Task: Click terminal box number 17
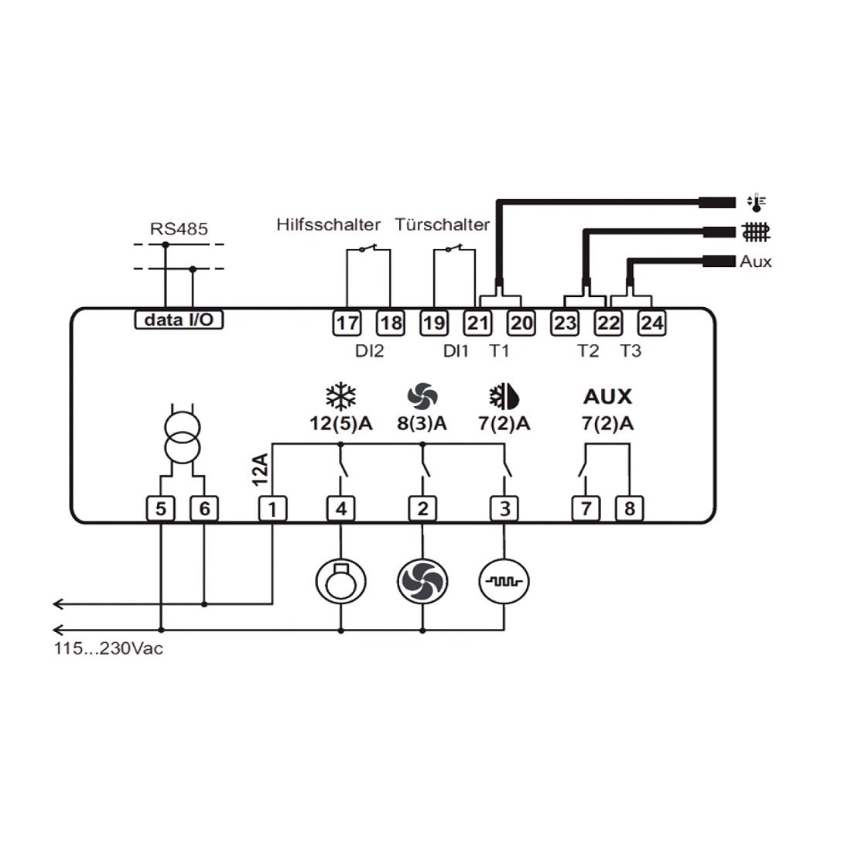pyautogui.click(x=347, y=323)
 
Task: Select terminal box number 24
pyautogui.click(x=651, y=323)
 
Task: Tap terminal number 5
pyautogui.click(x=160, y=508)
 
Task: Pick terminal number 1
pyautogui.click(x=272, y=508)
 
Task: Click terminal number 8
pyautogui.click(x=630, y=508)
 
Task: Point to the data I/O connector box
pyautogui.click(x=179, y=320)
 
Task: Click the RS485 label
pyautogui.click(x=179, y=229)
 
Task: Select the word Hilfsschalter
pyautogui.click(x=329, y=224)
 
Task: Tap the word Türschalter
pyautogui.click(x=442, y=224)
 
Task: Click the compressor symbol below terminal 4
pyautogui.click(x=340, y=581)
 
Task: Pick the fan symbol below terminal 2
pyautogui.click(x=422, y=581)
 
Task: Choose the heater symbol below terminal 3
pyautogui.click(x=504, y=581)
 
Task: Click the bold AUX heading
pyautogui.click(x=607, y=397)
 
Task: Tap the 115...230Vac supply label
pyautogui.click(x=108, y=648)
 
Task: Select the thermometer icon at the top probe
pyautogui.click(x=757, y=203)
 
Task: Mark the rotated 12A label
pyautogui.click(x=260, y=470)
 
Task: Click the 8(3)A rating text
pyautogui.click(x=422, y=424)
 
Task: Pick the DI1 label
pyautogui.click(x=456, y=351)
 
